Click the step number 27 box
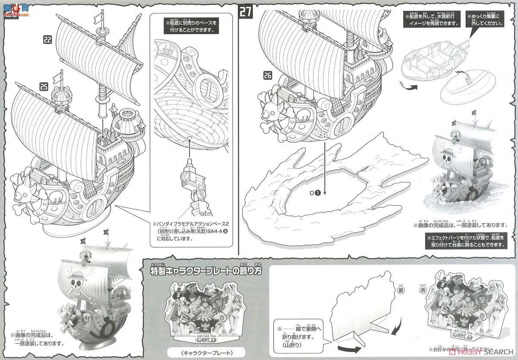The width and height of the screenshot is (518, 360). [x=246, y=11]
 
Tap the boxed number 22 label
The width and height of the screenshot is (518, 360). [x=47, y=40]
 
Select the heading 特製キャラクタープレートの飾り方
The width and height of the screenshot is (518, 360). [x=203, y=271]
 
